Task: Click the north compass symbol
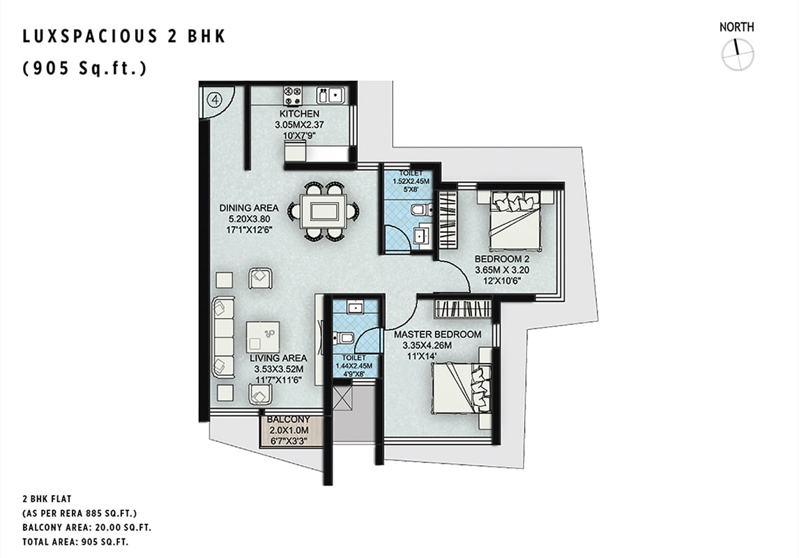[738, 54]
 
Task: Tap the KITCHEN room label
[299, 114]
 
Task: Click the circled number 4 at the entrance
[215, 99]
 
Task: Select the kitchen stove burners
[293, 94]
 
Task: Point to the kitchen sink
[330, 96]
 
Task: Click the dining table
[323, 210]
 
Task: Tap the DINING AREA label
[249, 208]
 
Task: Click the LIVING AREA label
[278, 359]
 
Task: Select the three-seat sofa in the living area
[222, 337]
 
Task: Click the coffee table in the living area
[263, 337]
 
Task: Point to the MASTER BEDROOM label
[438, 334]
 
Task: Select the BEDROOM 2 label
[499, 259]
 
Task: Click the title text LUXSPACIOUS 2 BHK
[124, 37]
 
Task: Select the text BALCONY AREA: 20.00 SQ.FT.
[86, 527]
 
